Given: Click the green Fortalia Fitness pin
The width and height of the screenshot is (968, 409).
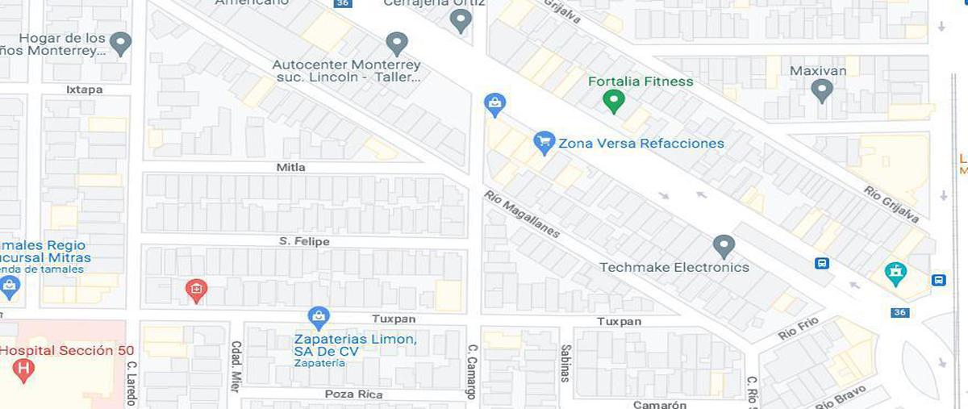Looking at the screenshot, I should pyautogui.click(x=614, y=102).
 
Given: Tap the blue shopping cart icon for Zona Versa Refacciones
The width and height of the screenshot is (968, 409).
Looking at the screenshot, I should pyautogui.click(x=544, y=143).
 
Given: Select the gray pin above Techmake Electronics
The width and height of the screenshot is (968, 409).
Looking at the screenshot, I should pyautogui.click(x=724, y=245).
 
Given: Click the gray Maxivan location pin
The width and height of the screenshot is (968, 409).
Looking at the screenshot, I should pyautogui.click(x=821, y=90).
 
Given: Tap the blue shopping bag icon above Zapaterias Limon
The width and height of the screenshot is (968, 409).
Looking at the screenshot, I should pyautogui.click(x=319, y=316).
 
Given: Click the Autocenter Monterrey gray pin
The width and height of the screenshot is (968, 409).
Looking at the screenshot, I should pyautogui.click(x=396, y=43).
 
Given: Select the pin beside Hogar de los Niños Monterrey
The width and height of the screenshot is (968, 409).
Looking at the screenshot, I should pyautogui.click(x=120, y=43).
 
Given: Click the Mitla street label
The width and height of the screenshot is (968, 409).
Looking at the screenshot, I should pyautogui.click(x=290, y=167).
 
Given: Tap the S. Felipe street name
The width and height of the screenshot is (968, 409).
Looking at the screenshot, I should pyautogui.click(x=304, y=241).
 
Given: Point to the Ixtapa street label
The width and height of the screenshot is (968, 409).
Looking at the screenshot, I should pyautogui.click(x=84, y=90).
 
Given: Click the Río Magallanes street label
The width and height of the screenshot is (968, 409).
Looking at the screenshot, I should pyautogui.click(x=521, y=214).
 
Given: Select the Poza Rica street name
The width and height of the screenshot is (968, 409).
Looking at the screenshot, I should pyautogui.click(x=353, y=394).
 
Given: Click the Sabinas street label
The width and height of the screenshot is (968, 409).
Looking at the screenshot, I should pyautogui.click(x=565, y=363).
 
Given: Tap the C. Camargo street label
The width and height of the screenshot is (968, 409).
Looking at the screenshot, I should pyautogui.click(x=472, y=372).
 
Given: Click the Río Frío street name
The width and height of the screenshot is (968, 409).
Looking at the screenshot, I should pyautogui.click(x=798, y=328).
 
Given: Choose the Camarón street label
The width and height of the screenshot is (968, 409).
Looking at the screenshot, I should pyautogui.click(x=660, y=404).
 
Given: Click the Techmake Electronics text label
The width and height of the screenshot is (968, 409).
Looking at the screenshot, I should pyautogui.click(x=674, y=267).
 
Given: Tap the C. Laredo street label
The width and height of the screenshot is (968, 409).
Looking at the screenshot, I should pyautogui.click(x=131, y=382).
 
